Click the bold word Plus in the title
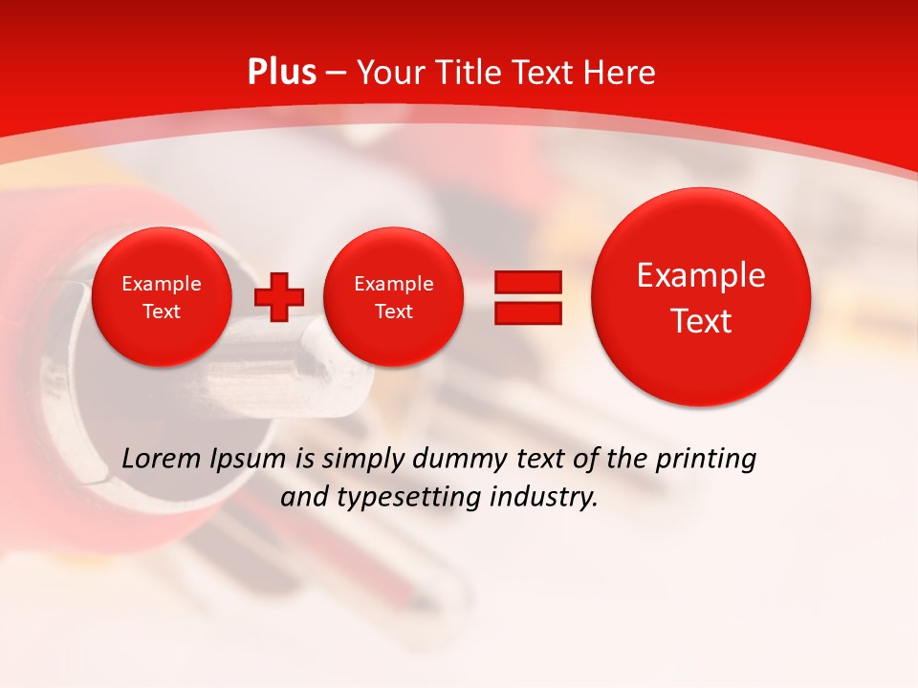pos(281,73)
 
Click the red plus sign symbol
pos(278,297)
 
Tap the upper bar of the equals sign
pos(527,283)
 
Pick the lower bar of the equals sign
pos(527,312)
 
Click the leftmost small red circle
pos(162,297)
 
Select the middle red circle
pos(393,297)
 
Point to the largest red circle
pos(701,297)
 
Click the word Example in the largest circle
pos(701,275)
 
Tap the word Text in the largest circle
pos(701,321)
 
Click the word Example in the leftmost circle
pos(162,284)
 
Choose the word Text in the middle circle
pos(393,312)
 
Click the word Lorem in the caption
pos(160,459)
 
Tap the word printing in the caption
pos(707,460)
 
